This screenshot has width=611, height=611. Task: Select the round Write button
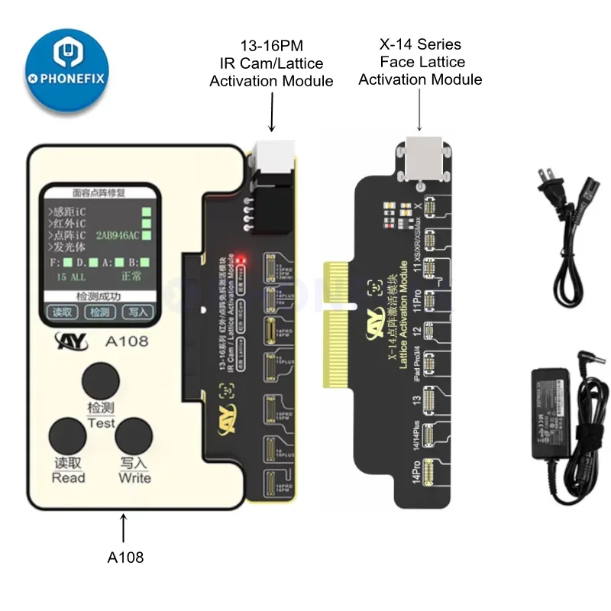(x=134, y=436)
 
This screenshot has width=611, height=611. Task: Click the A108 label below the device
(x=124, y=558)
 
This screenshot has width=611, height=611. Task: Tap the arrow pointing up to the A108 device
(x=124, y=529)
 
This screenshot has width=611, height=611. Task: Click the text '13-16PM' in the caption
(x=271, y=46)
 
